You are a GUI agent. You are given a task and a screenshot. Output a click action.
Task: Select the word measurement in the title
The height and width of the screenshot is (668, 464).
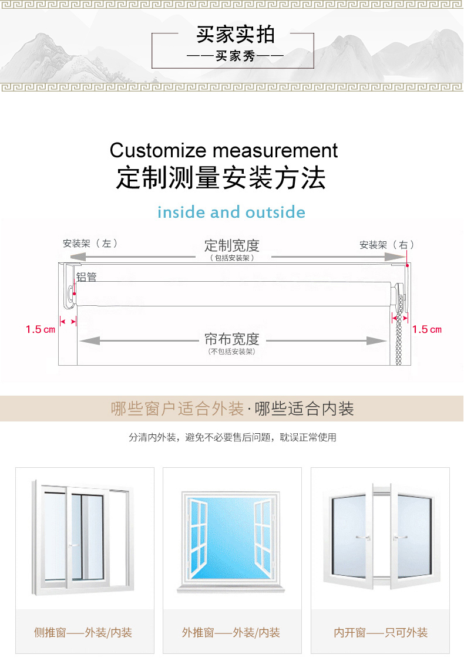(275, 150)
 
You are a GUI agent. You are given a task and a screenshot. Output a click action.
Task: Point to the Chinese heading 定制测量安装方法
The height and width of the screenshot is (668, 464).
(221, 178)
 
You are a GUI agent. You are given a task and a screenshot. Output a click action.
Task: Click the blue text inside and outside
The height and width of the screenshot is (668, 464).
(231, 212)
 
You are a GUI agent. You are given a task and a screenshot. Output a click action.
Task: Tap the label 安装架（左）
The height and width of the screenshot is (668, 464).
(90, 244)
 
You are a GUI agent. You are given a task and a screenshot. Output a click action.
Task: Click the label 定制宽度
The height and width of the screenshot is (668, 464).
(231, 245)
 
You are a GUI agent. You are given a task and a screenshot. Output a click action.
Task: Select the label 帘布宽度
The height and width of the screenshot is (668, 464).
(231, 339)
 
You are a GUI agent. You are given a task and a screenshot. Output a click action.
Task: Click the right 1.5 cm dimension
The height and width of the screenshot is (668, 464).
(427, 329)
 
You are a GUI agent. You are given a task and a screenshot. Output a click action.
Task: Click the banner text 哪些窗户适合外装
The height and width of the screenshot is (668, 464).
(177, 409)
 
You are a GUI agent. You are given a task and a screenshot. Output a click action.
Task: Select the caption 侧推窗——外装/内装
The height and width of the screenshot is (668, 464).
(83, 633)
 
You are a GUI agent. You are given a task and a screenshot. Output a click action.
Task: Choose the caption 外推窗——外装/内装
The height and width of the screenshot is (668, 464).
(231, 633)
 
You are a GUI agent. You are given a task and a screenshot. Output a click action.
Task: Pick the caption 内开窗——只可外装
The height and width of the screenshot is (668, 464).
(381, 633)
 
